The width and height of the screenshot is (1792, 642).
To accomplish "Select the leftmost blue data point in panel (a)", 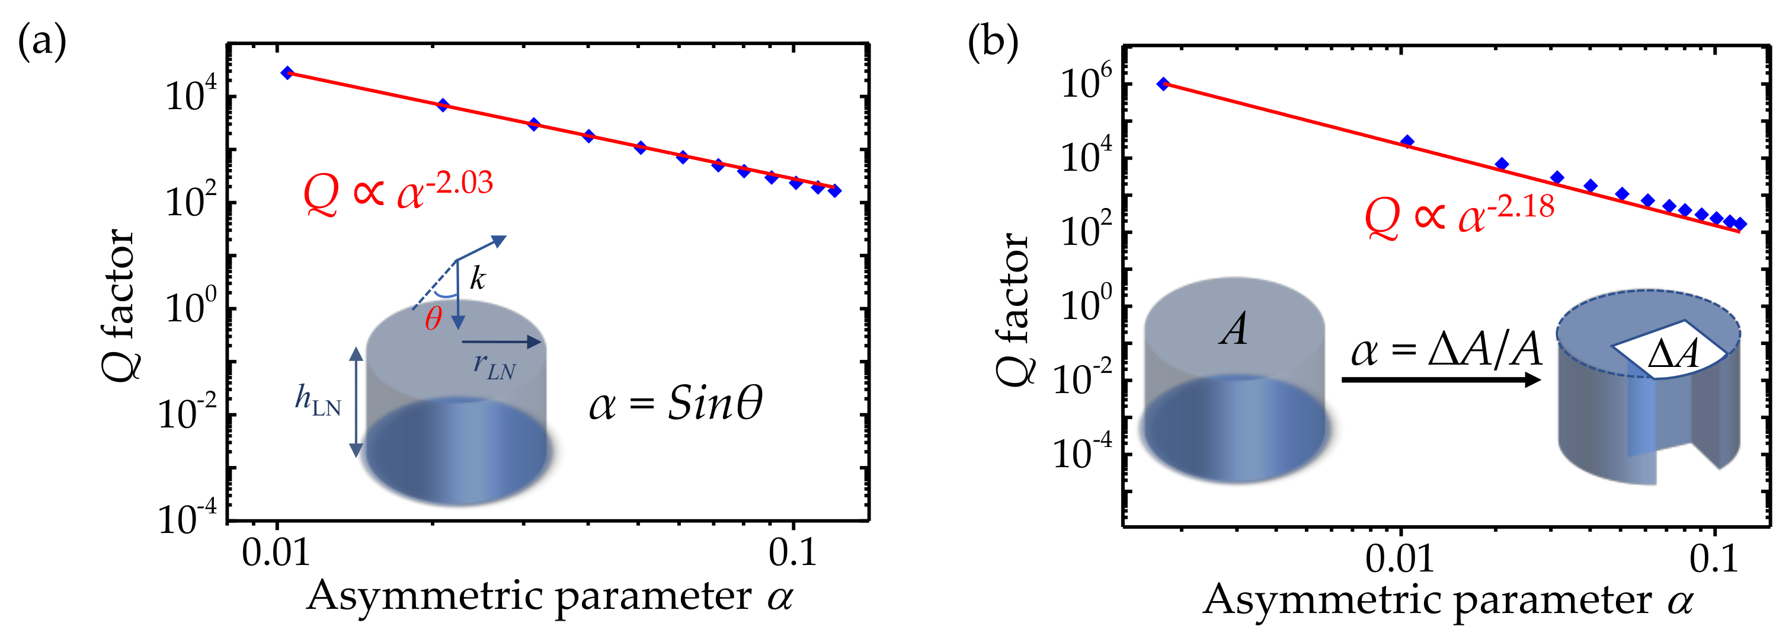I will tap(287, 72).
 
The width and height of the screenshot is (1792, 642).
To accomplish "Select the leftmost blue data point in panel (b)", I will tap(1163, 84).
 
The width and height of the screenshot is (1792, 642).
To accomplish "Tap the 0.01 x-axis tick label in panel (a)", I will tap(276, 554).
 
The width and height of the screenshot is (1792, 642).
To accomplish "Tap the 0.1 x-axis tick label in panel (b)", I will tap(1713, 558).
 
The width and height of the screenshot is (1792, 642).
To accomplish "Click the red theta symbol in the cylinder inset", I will tap(433, 320).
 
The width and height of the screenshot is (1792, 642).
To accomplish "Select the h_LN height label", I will tap(318, 401).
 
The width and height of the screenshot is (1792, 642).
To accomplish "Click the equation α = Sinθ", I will tap(675, 404).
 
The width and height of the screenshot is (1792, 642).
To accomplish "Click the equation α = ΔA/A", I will tap(1445, 350).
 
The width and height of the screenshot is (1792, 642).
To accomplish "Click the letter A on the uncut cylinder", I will tap(1233, 329).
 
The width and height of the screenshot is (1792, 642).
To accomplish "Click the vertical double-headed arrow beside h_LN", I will tap(356, 402).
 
